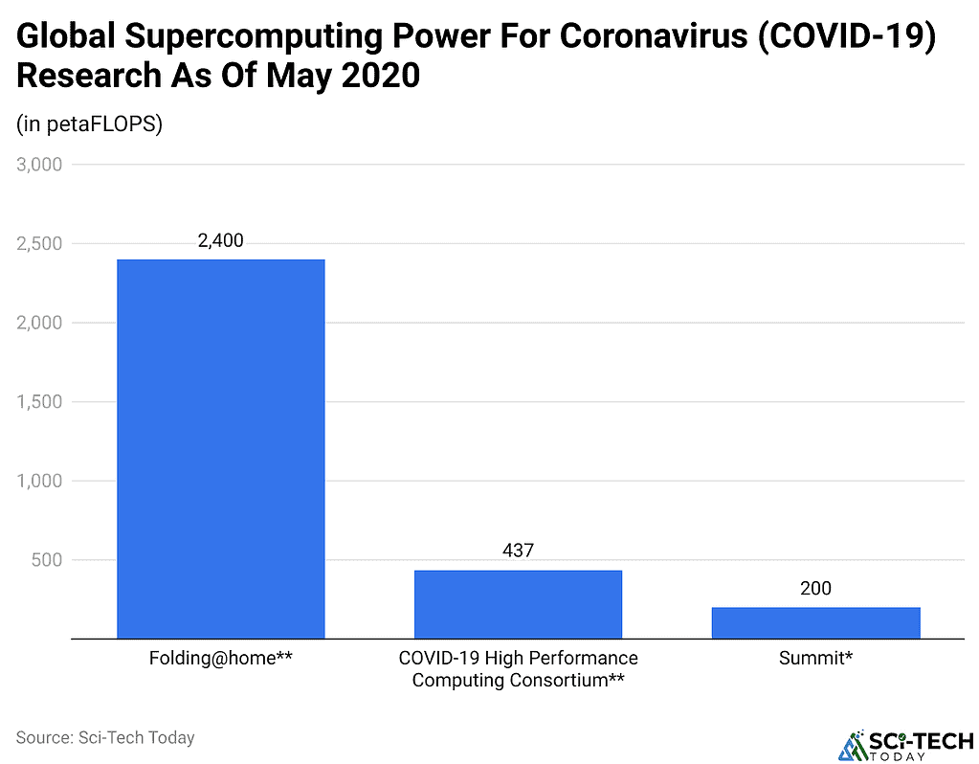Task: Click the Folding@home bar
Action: [221, 448]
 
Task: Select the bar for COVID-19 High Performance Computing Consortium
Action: [518, 604]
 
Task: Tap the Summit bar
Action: [815, 622]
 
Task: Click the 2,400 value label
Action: [221, 241]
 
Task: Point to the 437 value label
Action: [518, 551]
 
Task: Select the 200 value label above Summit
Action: [815, 588]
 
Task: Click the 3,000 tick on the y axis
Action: [39, 165]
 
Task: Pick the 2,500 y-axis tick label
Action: [39, 244]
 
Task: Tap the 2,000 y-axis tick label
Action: [39, 323]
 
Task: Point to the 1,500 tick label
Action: [39, 402]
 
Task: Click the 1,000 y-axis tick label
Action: [39, 481]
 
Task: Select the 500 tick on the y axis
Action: [47, 560]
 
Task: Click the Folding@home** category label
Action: [221, 659]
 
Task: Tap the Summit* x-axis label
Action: [815, 659]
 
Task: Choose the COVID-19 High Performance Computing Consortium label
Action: [518, 669]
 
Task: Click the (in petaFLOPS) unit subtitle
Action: [90, 124]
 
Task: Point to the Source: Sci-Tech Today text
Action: [105, 737]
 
